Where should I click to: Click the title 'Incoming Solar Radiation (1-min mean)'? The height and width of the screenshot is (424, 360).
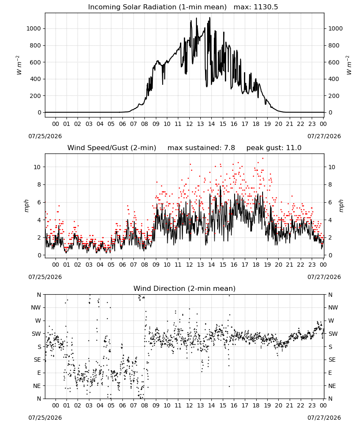(x=157, y=7)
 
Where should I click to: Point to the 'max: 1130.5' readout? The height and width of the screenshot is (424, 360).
(x=256, y=7)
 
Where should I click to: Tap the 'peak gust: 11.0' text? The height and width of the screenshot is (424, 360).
(x=274, y=148)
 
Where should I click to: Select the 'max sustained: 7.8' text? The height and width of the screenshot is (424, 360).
(x=201, y=148)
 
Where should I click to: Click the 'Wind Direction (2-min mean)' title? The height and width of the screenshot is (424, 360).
(x=185, y=288)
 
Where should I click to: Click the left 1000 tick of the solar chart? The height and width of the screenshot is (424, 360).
(x=33, y=29)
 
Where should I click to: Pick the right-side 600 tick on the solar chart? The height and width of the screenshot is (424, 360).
(x=334, y=62)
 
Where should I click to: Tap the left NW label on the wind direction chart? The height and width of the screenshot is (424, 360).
(x=36, y=307)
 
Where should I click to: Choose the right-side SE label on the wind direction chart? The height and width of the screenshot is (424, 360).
(x=332, y=360)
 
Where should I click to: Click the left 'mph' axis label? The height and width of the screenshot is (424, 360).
(x=26, y=206)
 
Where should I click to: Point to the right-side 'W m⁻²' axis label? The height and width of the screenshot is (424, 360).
(x=349, y=65)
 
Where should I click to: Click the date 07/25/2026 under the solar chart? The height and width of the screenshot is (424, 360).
(x=45, y=136)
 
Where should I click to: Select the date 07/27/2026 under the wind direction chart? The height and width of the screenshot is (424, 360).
(x=324, y=418)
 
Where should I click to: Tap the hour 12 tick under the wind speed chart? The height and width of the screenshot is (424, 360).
(x=189, y=265)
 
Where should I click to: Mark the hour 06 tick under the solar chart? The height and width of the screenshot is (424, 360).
(x=122, y=124)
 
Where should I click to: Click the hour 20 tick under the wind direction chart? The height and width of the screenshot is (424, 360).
(x=278, y=405)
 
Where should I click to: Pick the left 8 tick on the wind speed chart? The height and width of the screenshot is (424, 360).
(x=39, y=185)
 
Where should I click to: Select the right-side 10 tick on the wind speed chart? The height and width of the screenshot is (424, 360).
(x=332, y=167)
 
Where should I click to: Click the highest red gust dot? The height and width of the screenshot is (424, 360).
(x=263, y=159)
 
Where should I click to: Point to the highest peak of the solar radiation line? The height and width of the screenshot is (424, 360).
(x=210, y=17)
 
